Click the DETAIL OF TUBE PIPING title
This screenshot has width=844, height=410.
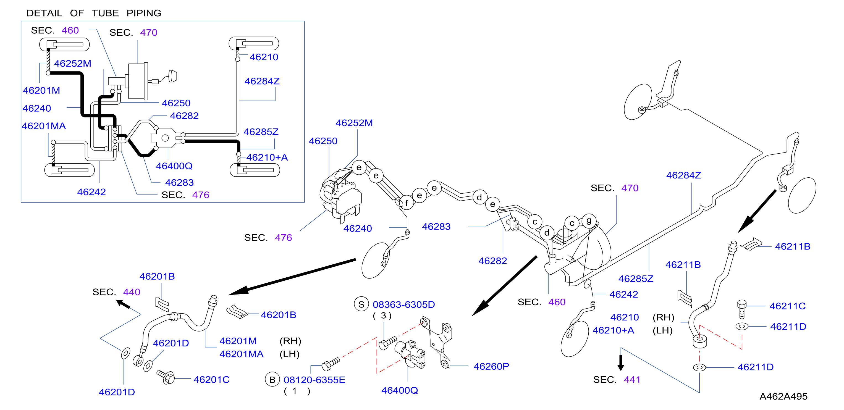click(x=94, y=13)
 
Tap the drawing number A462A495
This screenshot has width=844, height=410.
click(x=783, y=396)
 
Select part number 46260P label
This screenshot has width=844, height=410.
click(x=491, y=366)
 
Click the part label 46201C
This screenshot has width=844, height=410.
click(x=211, y=379)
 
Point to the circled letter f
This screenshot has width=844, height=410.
click(x=406, y=203)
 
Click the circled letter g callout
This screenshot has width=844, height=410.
click(x=589, y=221)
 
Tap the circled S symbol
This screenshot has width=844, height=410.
click(x=361, y=304)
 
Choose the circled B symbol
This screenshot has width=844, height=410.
click(x=272, y=380)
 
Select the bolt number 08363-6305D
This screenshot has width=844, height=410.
click(x=404, y=304)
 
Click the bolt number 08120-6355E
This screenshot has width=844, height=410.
click(x=314, y=380)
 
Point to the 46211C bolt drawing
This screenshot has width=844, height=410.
click(x=742, y=309)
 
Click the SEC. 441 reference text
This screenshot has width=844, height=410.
click(x=616, y=380)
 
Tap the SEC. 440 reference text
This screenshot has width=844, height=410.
click(x=116, y=292)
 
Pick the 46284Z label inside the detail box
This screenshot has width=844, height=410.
click(x=262, y=81)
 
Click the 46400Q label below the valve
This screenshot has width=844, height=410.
click(x=399, y=390)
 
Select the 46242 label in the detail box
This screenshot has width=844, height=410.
click(x=91, y=192)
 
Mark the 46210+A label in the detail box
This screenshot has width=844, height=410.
click(x=267, y=157)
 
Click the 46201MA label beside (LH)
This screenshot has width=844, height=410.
click(x=242, y=354)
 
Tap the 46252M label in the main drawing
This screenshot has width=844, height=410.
click(x=354, y=123)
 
